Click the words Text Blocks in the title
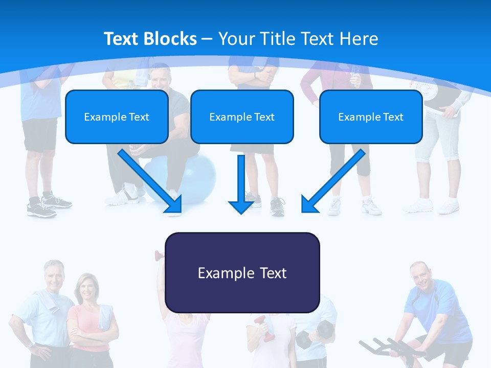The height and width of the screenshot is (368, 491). pos(150,39)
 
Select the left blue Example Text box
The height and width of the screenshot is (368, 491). pos(117,117)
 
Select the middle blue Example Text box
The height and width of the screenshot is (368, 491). pos(242,117)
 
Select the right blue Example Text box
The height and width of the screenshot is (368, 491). pos(371,117)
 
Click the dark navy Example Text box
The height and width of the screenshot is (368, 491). pos(242,273)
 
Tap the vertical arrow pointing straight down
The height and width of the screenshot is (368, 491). pos(241,184)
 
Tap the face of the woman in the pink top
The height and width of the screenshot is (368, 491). pos(85,288)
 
